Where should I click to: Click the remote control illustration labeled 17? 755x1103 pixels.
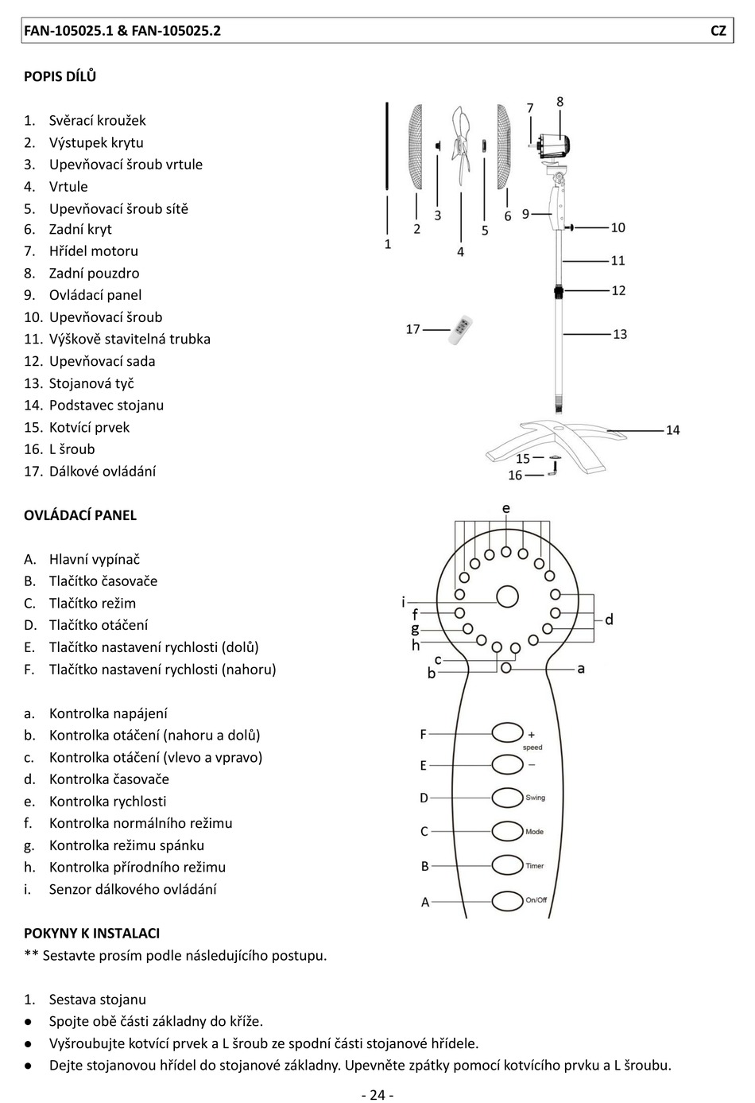click(x=461, y=330)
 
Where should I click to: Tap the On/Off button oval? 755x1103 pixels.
click(x=507, y=901)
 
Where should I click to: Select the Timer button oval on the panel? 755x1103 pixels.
click(x=507, y=865)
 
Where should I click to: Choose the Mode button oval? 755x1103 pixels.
click(x=507, y=831)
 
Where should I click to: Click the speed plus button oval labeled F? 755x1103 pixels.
click(x=507, y=732)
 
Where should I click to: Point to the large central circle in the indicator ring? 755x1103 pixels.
click(x=507, y=596)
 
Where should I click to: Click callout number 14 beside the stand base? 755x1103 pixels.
click(x=672, y=430)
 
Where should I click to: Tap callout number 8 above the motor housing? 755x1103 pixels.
click(x=560, y=102)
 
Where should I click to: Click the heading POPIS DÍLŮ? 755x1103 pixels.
click(x=60, y=76)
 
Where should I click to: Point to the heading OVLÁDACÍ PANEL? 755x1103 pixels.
click(x=80, y=515)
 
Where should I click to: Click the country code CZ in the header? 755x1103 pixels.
click(x=718, y=31)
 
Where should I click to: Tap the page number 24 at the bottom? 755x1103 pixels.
click(x=377, y=1095)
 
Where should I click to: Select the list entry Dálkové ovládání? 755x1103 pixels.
click(x=103, y=471)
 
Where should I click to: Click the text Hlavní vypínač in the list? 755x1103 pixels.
click(x=95, y=559)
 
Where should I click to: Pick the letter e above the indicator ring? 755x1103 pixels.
click(x=506, y=508)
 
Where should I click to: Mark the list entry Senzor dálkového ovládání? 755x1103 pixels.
click(x=133, y=889)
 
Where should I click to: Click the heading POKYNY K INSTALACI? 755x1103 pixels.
click(x=92, y=933)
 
